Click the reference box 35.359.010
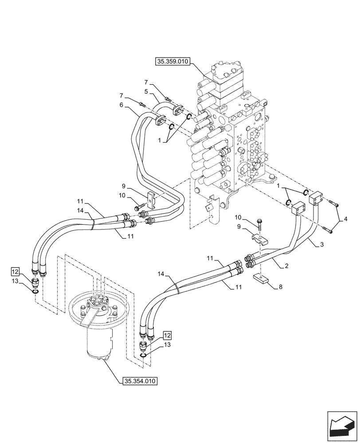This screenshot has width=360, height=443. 173,62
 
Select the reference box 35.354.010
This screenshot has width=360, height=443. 139,380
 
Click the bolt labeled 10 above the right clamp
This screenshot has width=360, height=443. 260,224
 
